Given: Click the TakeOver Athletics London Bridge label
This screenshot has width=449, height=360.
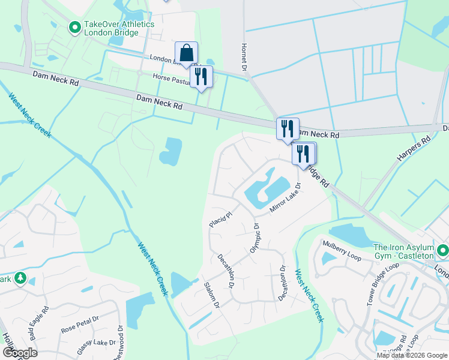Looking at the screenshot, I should coord(119,28).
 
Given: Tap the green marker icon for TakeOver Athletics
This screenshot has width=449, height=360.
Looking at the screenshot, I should coord(75,27).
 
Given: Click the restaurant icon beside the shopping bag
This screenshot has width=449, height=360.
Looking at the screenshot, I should coord(201,76).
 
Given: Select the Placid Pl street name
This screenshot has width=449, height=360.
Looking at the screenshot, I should coord(220,218).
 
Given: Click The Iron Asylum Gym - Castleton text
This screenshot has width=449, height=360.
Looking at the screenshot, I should coord(403,251).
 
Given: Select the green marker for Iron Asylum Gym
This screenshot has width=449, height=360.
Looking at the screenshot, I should coord(443,250).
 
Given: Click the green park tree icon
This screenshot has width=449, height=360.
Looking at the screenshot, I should coord(20,278).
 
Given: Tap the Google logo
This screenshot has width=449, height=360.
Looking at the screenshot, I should coord(19,352).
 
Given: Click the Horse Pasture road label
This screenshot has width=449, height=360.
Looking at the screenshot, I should coord(170,77).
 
